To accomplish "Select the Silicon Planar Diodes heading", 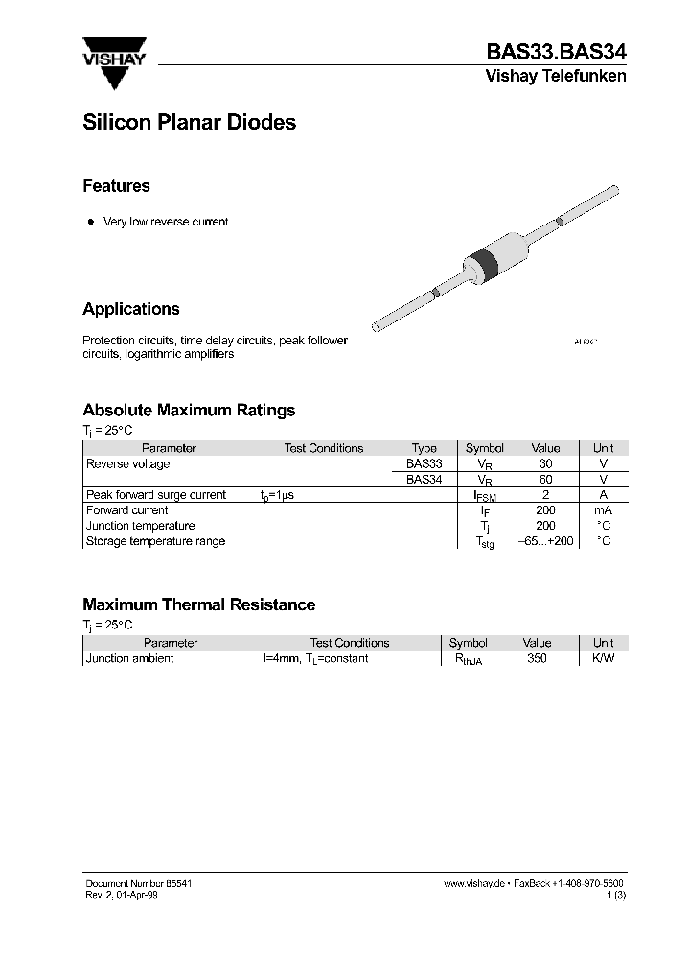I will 189,123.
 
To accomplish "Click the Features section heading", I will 116,186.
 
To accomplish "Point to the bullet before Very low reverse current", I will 91,222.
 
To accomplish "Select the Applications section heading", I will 131,309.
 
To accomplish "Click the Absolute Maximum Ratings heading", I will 189,410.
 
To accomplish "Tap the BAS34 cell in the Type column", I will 424,479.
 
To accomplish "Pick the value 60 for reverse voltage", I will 545,479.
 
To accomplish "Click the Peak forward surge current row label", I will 156,495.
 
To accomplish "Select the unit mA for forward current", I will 603,510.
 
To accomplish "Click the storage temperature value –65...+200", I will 545,541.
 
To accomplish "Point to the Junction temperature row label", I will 140,526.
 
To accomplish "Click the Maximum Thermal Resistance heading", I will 198,604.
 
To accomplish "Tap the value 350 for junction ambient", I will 537,659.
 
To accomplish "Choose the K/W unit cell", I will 603,659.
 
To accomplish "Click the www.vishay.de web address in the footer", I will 474,882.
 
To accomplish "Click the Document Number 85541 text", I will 131,882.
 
